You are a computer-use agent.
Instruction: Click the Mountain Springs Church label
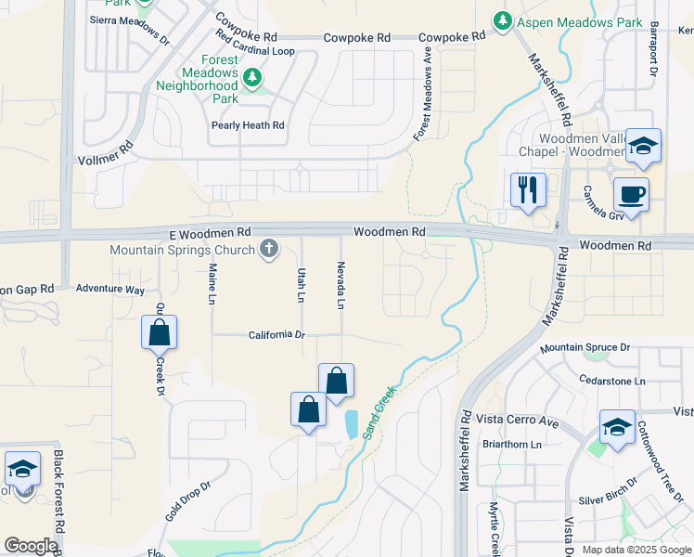click(182, 250)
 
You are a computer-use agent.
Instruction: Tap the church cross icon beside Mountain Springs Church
click(269, 249)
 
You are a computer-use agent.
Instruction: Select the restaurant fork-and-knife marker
click(528, 191)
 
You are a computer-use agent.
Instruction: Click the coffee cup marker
click(631, 196)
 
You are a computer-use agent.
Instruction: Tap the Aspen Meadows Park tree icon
click(502, 20)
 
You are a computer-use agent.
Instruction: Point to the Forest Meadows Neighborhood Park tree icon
click(251, 77)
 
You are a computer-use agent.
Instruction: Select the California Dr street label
click(276, 335)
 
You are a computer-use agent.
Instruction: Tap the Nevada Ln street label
click(341, 285)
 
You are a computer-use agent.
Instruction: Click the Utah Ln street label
click(301, 285)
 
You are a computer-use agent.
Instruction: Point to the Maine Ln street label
click(212, 284)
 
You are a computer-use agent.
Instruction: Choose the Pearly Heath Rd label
click(247, 125)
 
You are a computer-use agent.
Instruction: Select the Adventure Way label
click(109, 290)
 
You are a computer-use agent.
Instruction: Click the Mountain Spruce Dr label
click(585, 347)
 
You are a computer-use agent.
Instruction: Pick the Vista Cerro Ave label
click(518, 420)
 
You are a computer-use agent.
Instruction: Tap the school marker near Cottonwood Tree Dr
click(617, 427)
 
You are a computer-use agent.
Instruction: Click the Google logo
click(31, 546)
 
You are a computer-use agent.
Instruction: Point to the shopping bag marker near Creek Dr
click(159, 332)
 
